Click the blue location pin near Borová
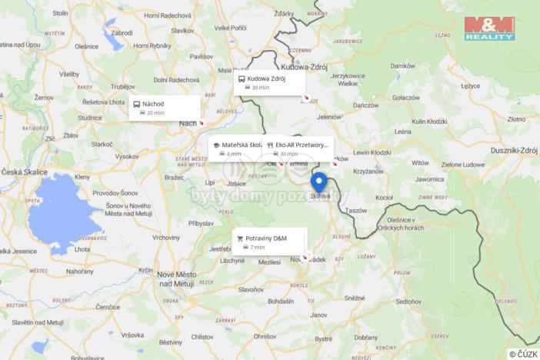pos(318,183)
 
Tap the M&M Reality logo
pos(489,28)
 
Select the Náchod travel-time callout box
pos(165,108)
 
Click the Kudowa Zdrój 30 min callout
pos(269,82)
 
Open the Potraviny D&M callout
pos(269,242)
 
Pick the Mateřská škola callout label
pos(238,148)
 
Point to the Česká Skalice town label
pos(24,172)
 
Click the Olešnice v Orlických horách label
pos(419,223)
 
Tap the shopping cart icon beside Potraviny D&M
pos(240,238)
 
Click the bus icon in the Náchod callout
pos(137,104)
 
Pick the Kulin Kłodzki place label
pos(429,122)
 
